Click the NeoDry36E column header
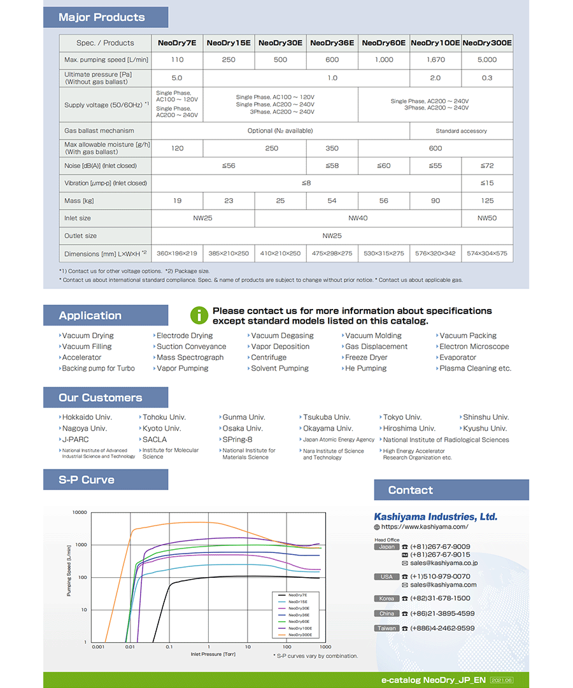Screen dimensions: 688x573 coord(332,43)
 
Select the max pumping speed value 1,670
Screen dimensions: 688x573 coord(435,60)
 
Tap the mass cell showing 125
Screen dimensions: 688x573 coord(487,201)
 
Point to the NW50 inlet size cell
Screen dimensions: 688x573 coord(487,218)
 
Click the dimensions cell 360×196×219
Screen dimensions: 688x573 coord(177,254)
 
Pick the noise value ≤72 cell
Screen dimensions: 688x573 coord(487,166)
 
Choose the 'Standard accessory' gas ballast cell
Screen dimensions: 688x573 coord(461,131)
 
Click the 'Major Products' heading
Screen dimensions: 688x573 coord(102,17)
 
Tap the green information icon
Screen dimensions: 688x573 coord(199,315)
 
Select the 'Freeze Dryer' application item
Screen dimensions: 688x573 coord(365,357)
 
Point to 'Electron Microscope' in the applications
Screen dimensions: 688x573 coord(474,347)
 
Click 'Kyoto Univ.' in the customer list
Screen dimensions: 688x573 coord(162,429)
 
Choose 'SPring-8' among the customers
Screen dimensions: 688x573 coord(237,440)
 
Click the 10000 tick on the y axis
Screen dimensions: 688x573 coord(80,512)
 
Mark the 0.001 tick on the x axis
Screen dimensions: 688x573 coord(98,647)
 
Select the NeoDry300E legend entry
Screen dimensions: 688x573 coord(299,634)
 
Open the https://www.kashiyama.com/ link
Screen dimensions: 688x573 coord(425,527)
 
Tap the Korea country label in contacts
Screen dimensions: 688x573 coord(386,599)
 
